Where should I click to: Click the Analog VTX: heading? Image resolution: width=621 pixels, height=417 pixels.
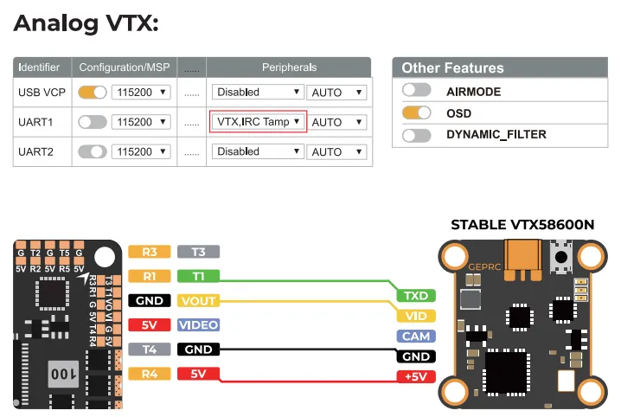[86, 22]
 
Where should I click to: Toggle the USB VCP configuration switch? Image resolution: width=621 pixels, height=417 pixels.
[92, 92]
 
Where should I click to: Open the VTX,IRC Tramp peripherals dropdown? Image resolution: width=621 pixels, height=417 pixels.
[258, 122]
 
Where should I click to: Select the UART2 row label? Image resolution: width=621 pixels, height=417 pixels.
[35, 151]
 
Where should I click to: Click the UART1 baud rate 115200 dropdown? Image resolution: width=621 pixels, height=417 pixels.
[141, 122]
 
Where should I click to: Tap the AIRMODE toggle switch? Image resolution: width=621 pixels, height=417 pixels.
[416, 91]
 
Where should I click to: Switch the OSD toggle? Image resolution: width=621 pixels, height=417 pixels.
[416, 112]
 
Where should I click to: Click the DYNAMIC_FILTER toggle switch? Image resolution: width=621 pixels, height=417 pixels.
[416, 134]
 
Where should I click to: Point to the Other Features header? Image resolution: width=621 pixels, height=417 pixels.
[452, 67]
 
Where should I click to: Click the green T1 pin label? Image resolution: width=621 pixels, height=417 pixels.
[198, 277]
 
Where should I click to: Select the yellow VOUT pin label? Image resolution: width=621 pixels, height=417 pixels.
[198, 301]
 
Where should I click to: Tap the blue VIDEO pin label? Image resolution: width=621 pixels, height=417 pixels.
[198, 325]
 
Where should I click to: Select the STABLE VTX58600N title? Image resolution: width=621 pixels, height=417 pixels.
[522, 225]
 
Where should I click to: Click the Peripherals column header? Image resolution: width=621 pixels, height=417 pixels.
[289, 67]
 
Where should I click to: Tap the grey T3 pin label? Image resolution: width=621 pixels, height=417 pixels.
[198, 252]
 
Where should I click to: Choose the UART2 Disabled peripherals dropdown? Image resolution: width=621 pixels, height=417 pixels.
[258, 151]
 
